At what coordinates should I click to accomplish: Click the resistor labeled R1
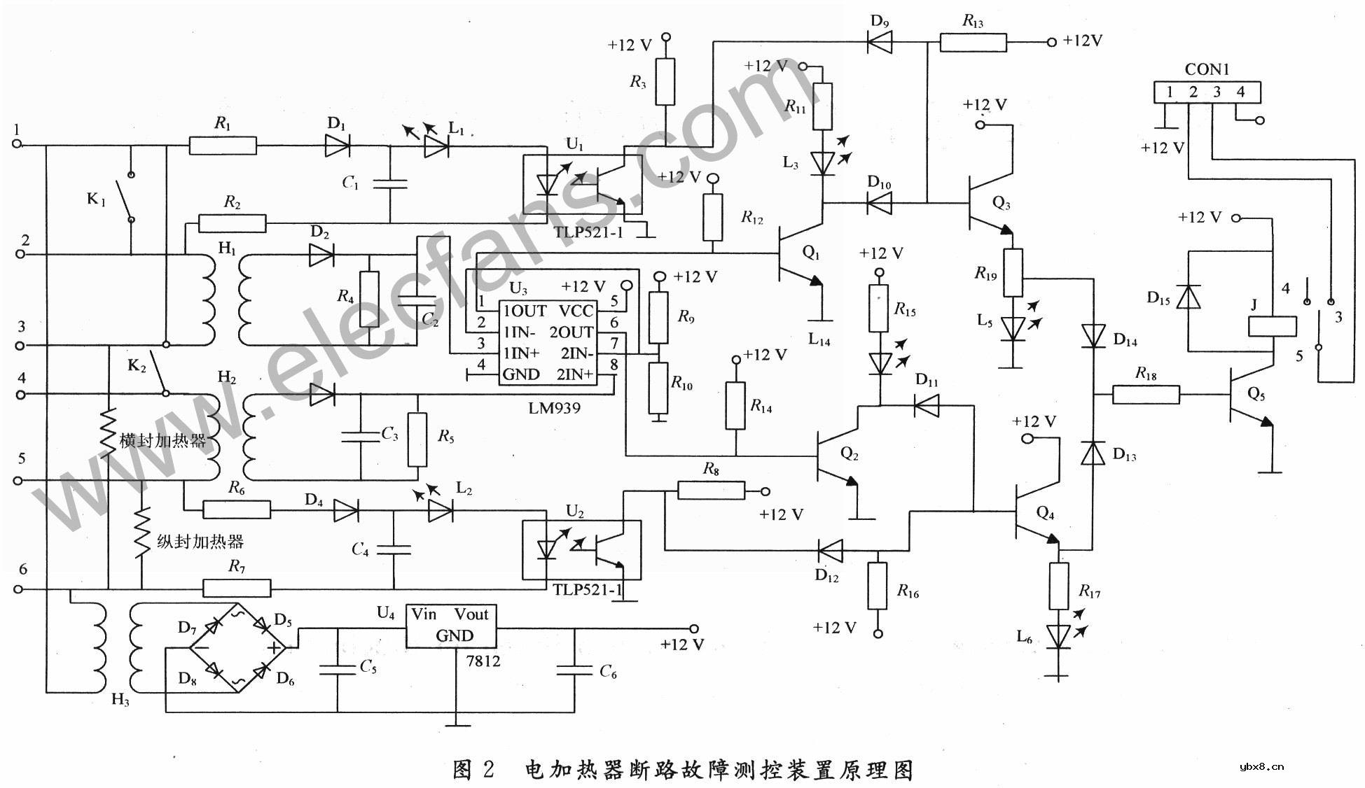click(x=223, y=146)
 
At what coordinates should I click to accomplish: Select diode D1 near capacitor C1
click(x=338, y=146)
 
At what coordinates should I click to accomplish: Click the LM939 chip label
click(x=554, y=408)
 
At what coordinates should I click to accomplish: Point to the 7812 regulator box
click(x=452, y=626)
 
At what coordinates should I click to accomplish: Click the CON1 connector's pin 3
click(x=1217, y=92)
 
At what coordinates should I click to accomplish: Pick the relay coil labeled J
click(x=1272, y=327)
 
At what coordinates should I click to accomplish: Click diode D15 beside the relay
click(x=1189, y=297)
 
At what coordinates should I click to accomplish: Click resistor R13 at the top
click(x=973, y=43)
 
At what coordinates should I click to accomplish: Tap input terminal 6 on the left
click(x=19, y=589)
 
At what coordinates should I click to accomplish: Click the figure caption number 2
click(x=488, y=770)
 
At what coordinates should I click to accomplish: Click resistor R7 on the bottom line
click(x=237, y=589)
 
